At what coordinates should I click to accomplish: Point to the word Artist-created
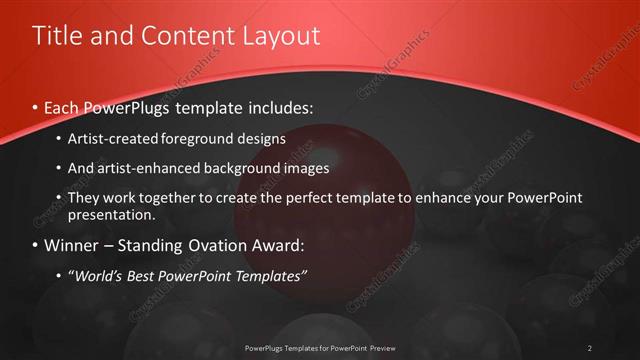pyautogui.click(x=112, y=138)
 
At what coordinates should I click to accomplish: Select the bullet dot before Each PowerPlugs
pyautogui.click(x=36, y=107)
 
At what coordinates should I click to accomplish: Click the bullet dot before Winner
pyautogui.click(x=36, y=245)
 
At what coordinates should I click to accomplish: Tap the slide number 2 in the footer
pyautogui.click(x=589, y=348)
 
